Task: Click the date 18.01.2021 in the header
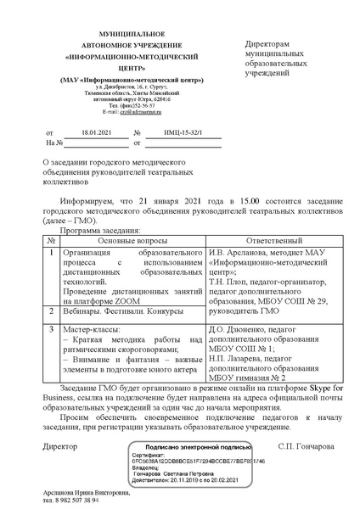coord(96,133)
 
